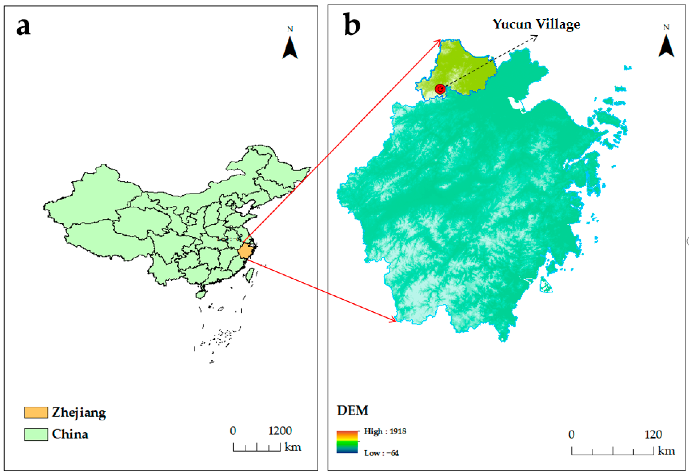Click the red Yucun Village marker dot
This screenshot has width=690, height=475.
tap(440, 89)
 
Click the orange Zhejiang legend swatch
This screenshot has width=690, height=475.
tap(36, 412)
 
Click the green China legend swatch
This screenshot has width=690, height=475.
tap(36, 434)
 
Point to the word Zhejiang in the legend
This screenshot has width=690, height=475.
tap(79, 412)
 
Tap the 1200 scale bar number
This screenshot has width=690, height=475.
tap(280, 431)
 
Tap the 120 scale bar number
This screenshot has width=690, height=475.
tap(653, 435)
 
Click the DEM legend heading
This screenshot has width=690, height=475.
tap(352, 410)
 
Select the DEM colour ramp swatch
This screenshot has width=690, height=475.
tap(347, 442)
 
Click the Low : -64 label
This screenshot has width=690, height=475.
tap(381, 453)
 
